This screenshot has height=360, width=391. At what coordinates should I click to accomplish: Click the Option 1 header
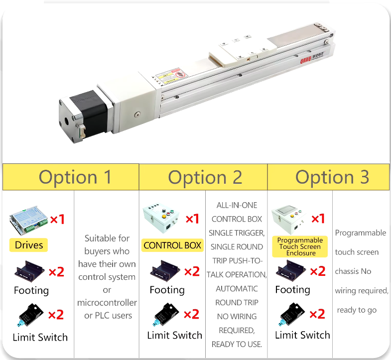pos(75,177)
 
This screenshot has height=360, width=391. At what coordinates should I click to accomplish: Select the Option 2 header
pos(205,177)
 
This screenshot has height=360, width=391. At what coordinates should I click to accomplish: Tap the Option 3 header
pos(332,177)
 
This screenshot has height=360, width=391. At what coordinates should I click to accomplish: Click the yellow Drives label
pos(29,245)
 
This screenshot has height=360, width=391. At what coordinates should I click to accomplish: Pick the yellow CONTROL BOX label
pos(172,245)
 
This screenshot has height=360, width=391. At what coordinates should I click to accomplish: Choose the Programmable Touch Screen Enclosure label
pos(300,246)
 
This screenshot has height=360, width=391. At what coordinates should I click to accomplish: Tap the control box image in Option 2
pos(162,218)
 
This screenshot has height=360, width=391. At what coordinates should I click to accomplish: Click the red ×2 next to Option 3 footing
pos(317,271)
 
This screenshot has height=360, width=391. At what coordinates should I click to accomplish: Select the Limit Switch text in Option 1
pos(40,337)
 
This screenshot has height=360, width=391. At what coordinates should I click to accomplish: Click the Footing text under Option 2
pos(167,290)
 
